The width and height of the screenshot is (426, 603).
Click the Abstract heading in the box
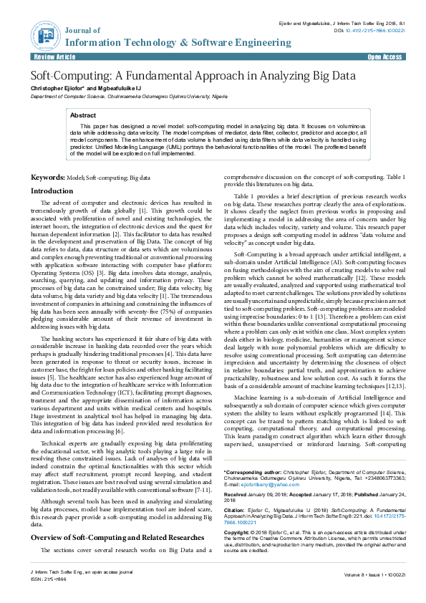(84, 115)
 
